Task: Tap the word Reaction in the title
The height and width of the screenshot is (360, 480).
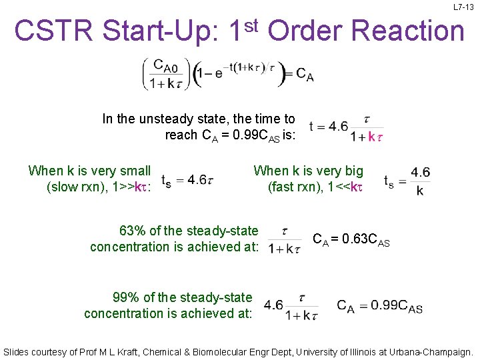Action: (x=407, y=31)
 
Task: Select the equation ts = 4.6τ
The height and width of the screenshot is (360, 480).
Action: (x=187, y=179)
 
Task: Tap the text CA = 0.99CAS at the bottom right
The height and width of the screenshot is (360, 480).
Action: (x=379, y=306)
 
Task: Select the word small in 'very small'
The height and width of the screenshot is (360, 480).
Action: (x=134, y=171)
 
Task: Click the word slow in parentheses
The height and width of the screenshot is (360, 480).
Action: (x=63, y=187)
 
